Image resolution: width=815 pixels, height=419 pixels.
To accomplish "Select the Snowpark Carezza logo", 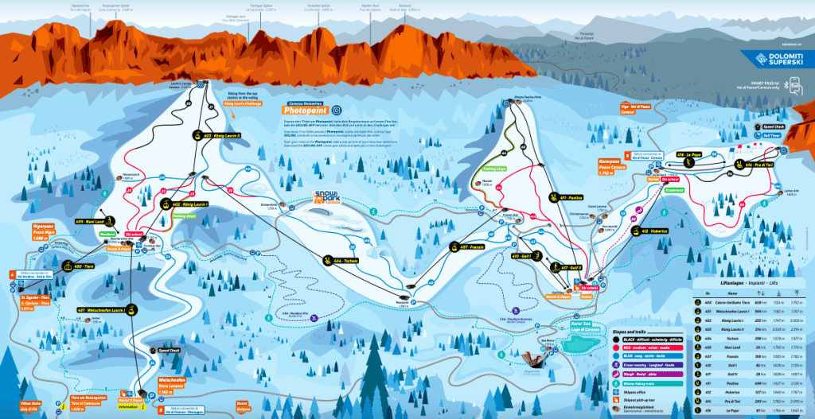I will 327,198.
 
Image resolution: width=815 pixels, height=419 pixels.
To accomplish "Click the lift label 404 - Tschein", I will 341,260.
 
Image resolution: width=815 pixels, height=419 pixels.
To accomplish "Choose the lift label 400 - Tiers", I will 81,266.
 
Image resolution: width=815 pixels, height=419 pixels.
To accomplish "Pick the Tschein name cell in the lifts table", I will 727,336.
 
